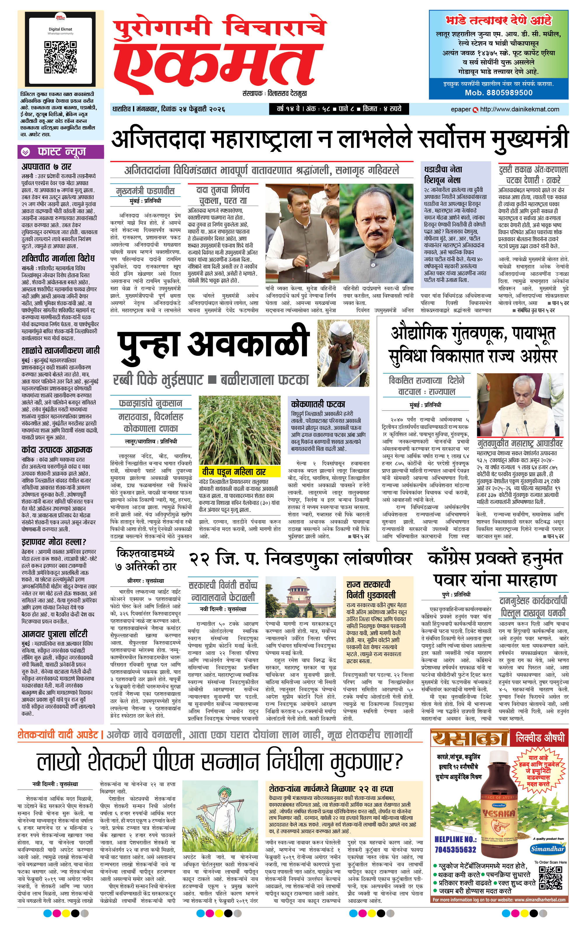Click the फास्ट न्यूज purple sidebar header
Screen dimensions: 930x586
point(61,152)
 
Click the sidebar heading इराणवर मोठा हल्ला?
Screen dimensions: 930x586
point(54,542)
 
